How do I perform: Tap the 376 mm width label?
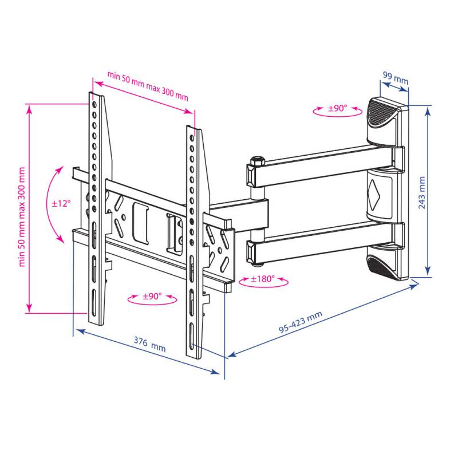point(149,345)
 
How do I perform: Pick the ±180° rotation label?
point(263,279)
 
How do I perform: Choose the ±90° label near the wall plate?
point(338,108)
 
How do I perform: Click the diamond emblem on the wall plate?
point(376,191)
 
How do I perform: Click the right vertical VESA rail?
point(194,240)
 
